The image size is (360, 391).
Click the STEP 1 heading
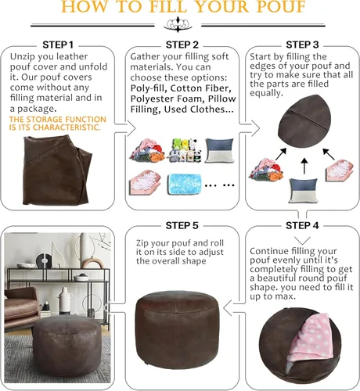(59, 45)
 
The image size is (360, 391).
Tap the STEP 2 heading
(180, 45)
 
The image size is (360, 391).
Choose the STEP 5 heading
(180, 225)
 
